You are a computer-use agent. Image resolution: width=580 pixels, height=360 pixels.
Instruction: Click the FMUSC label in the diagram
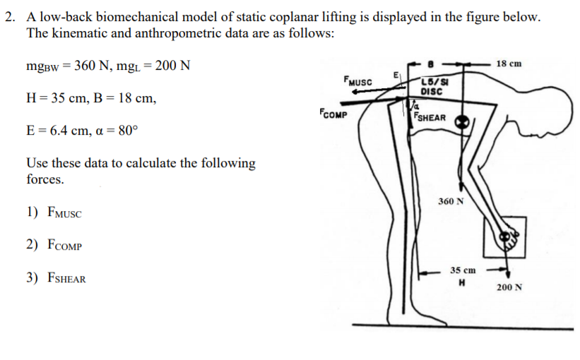coord(357,81)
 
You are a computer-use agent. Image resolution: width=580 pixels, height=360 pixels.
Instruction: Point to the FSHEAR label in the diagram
coord(430,117)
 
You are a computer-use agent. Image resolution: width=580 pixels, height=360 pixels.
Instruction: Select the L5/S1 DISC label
coord(431,88)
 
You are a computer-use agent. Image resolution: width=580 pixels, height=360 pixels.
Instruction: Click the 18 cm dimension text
coord(509,64)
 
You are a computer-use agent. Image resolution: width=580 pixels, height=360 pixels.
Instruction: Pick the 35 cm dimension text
coord(463,270)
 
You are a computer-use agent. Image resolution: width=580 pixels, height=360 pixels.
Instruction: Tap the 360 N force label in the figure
coord(451,201)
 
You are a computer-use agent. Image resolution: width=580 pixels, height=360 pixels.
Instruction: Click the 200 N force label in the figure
coord(509,287)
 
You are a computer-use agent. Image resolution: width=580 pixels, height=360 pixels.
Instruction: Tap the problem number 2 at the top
coord(9,18)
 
